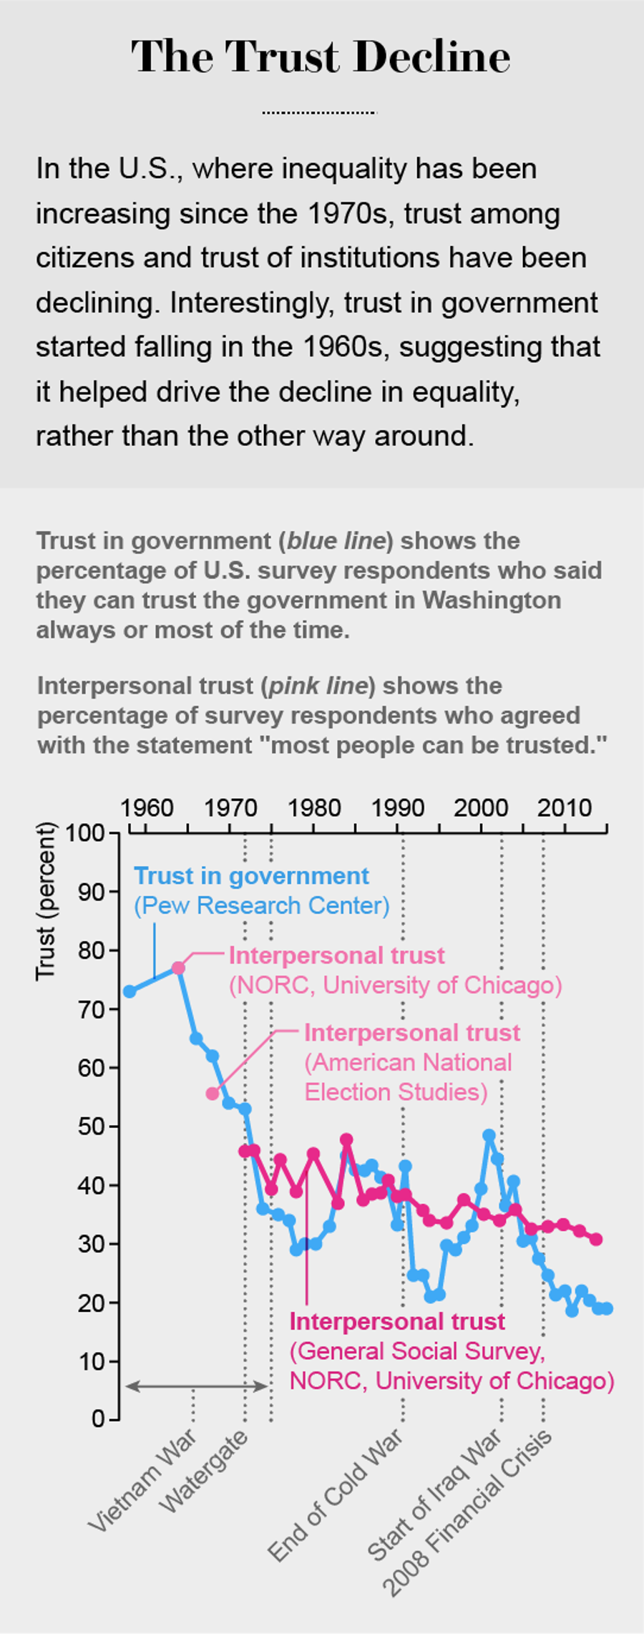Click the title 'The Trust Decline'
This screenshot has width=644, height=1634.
click(321, 57)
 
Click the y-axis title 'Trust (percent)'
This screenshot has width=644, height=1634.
click(46, 901)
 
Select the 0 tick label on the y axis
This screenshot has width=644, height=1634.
click(98, 1419)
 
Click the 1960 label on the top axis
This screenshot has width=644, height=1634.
click(147, 808)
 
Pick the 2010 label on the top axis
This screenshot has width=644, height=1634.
click(565, 808)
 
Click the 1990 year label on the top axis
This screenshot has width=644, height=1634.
click(397, 808)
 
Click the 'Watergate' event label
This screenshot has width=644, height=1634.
click(204, 1471)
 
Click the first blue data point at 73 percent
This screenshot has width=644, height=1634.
click(130, 991)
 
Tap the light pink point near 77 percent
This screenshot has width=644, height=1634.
click(178, 968)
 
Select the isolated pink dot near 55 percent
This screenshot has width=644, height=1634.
click(213, 1094)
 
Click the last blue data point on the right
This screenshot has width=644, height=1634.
click(607, 1308)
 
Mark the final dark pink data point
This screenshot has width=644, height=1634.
click(596, 1239)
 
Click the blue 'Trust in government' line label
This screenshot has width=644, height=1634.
click(251, 876)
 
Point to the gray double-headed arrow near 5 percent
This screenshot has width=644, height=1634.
click(197, 1386)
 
